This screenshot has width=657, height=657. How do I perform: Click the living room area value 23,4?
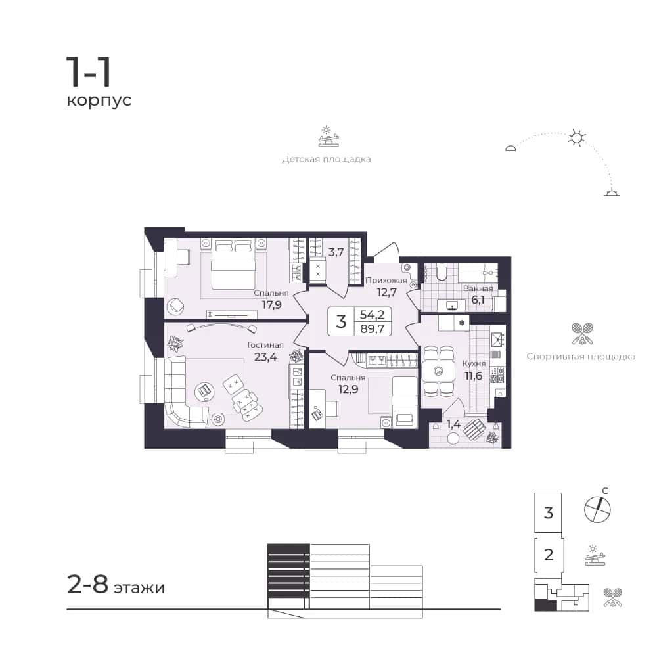[x=265, y=357]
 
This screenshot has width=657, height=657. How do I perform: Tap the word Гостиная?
[x=265, y=345]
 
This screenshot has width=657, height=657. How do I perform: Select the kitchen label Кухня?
[x=474, y=364]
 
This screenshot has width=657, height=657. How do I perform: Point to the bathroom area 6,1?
[x=478, y=300]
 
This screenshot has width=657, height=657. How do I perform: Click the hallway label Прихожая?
[x=386, y=281]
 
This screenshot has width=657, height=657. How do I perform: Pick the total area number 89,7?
[x=372, y=329]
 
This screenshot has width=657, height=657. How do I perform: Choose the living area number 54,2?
[x=372, y=314]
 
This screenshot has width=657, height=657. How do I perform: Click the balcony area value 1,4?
[x=453, y=424]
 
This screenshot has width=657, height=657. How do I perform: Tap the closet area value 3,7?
[x=336, y=252]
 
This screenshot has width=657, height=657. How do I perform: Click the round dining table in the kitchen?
[x=439, y=371]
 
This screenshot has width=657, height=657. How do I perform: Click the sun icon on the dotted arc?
[x=577, y=138]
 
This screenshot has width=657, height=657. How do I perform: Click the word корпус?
[x=99, y=101]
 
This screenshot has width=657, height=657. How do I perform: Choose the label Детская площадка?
[x=327, y=159]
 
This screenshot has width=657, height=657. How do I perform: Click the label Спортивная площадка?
[x=581, y=357]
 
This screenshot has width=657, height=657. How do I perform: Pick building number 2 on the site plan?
[x=549, y=555]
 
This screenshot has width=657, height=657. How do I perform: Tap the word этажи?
[x=139, y=588]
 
